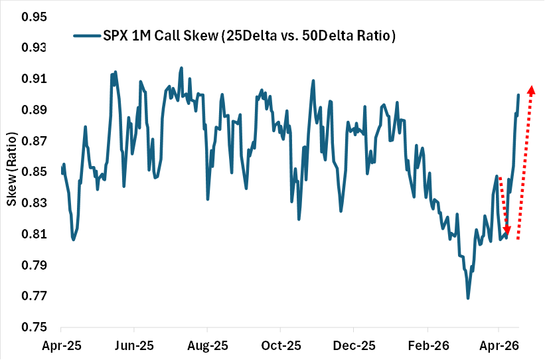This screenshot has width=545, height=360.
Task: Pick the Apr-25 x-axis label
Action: coord(60,346)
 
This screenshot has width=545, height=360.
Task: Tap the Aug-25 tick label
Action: coord(207,346)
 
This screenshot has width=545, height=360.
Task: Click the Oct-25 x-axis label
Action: coord(280,346)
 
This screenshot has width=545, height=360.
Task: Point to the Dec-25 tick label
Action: coord(354,346)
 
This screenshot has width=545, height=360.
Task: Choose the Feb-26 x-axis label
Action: coord(428,346)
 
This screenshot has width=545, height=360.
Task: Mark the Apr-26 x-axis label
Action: coord(499,346)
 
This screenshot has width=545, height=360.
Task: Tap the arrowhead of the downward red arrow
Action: coord(508,230)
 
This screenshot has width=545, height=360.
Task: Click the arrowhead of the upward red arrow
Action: coord(531,89)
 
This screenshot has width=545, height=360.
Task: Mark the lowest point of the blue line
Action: coord(468,298)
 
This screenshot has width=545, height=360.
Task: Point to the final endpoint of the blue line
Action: coord(518,94)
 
